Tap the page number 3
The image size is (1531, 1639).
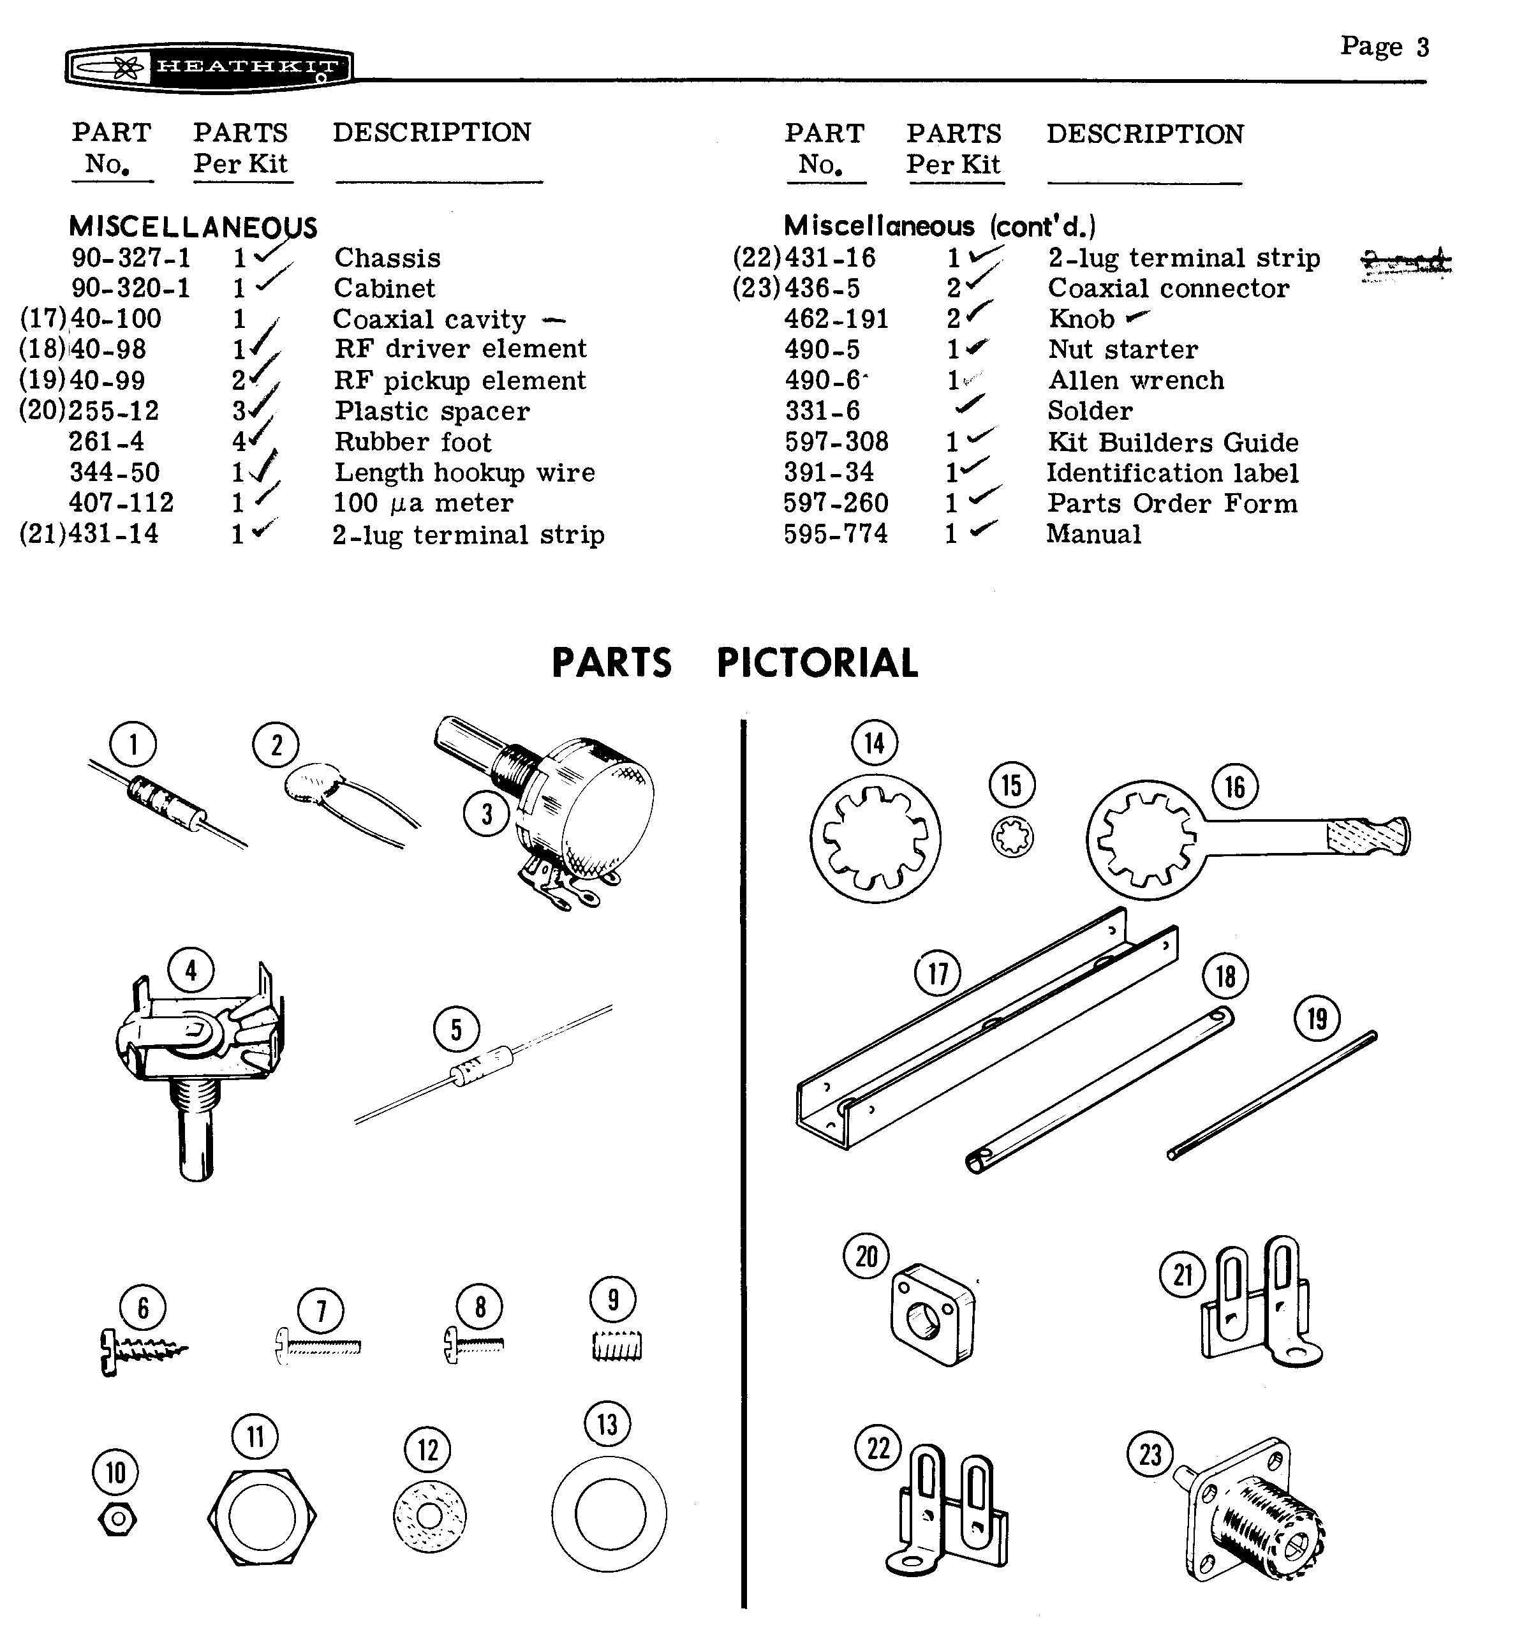click(1422, 47)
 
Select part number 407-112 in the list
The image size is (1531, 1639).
click(121, 503)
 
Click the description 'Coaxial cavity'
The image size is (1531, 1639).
click(429, 319)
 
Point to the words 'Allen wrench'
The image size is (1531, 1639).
click(1135, 380)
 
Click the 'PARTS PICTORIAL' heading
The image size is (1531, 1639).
click(734, 663)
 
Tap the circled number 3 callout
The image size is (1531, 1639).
click(487, 813)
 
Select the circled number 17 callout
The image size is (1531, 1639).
click(937, 974)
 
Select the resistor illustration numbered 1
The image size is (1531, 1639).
click(165, 799)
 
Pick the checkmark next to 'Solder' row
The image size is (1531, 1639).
click(970, 404)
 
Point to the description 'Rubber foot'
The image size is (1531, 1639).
click(412, 442)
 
